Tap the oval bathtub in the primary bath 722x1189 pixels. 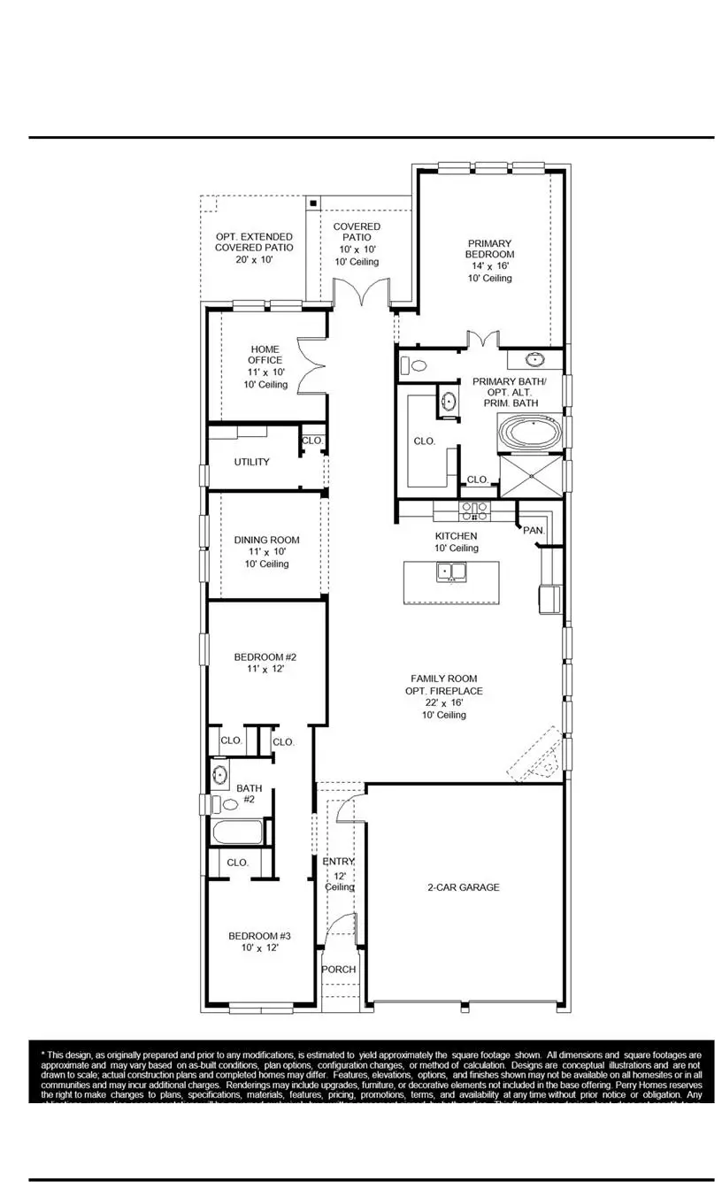coord(531,434)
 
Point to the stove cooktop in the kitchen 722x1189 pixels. coord(475,511)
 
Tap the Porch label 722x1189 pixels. coord(339,970)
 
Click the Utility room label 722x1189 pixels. coord(252,462)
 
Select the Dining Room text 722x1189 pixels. coord(266,540)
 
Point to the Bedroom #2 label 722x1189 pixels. coord(265,657)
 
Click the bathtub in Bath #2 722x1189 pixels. coord(237,833)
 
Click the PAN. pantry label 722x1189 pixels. coord(534,530)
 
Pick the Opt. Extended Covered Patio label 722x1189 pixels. coord(254,242)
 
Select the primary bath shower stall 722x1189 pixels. coord(531,477)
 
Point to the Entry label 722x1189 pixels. coord(338,862)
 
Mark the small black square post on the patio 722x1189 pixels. coord(313,203)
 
